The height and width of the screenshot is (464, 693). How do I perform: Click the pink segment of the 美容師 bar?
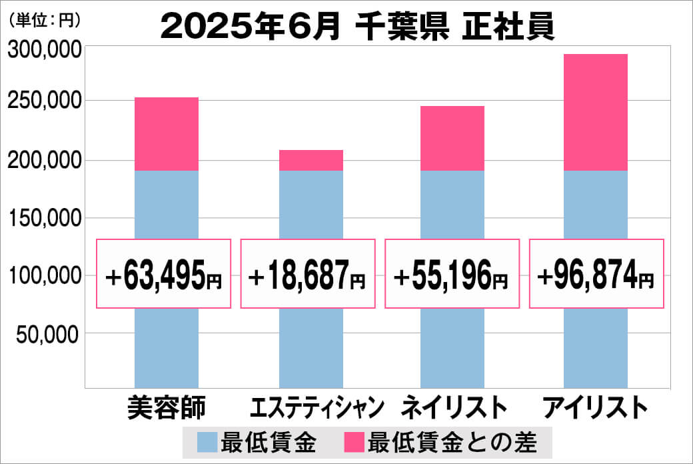click(167, 134)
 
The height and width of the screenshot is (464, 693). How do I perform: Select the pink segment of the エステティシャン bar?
click(311, 160)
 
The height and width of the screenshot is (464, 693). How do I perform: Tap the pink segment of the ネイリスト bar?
click(452, 138)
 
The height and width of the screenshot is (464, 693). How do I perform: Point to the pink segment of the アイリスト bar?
click(596, 112)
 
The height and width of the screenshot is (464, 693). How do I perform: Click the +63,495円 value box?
click(165, 273)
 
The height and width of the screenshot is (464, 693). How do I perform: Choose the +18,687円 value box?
click(309, 273)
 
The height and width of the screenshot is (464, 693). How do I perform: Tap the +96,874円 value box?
click(596, 273)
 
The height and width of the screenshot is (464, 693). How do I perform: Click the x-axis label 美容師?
click(167, 407)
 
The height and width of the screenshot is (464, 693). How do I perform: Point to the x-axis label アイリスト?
click(595, 407)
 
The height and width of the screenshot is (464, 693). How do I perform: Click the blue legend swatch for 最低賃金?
click(207, 442)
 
